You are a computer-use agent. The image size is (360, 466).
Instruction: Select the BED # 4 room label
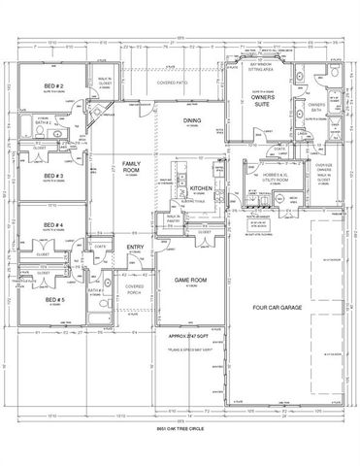point(53,226)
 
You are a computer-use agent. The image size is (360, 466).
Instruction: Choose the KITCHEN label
point(201,187)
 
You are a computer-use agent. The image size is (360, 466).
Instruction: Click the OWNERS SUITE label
point(261,101)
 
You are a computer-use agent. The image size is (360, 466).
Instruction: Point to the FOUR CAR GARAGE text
point(278,309)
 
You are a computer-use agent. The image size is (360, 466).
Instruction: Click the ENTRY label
point(136,248)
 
